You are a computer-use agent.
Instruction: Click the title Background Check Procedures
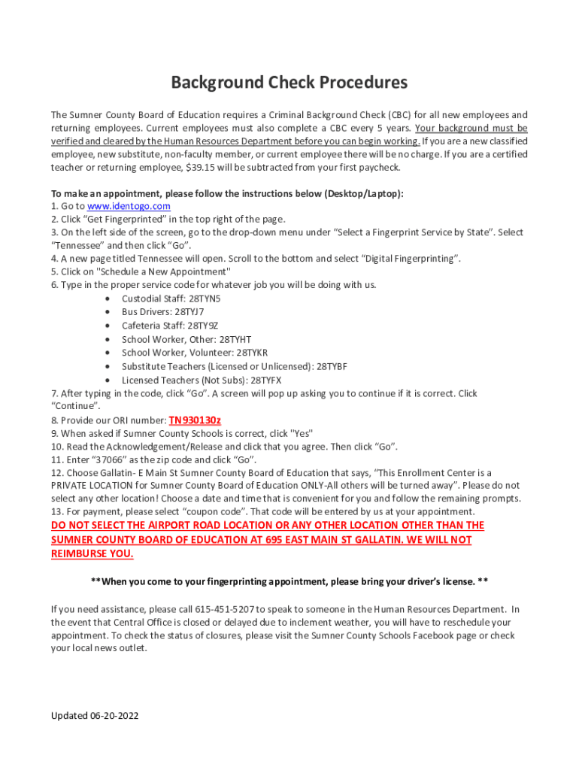click(x=289, y=82)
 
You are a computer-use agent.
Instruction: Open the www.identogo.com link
click(x=129, y=206)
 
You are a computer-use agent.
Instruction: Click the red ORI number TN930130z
click(x=195, y=420)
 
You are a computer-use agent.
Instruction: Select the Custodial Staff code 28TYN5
click(x=205, y=299)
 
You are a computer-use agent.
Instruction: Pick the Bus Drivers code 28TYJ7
click(x=189, y=312)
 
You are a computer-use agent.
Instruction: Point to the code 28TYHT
click(x=235, y=339)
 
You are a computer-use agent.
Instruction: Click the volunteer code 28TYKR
click(x=252, y=353)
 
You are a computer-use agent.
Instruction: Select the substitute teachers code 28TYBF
click(x=332, y=366)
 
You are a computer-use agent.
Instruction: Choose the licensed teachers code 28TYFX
click(x=267, y=380)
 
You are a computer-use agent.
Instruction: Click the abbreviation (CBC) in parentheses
click(x=401, y=115)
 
